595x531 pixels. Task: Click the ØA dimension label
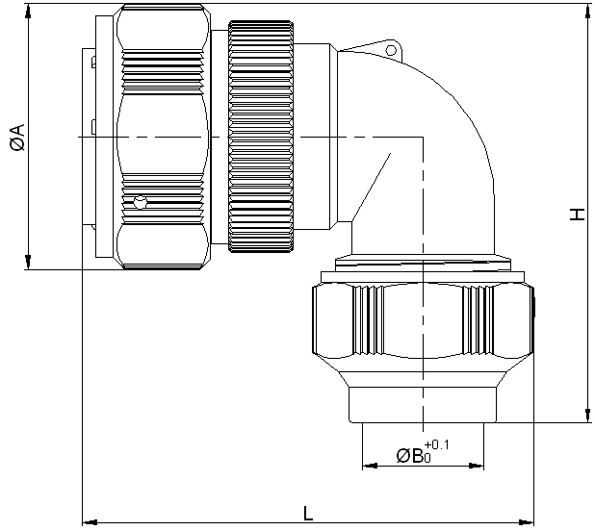16,139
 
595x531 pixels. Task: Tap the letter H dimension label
577,214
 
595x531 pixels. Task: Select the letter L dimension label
307,511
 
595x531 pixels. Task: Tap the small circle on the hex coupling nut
142,203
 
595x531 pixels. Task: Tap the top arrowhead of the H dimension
587,12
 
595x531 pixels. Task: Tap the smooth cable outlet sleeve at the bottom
422,403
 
